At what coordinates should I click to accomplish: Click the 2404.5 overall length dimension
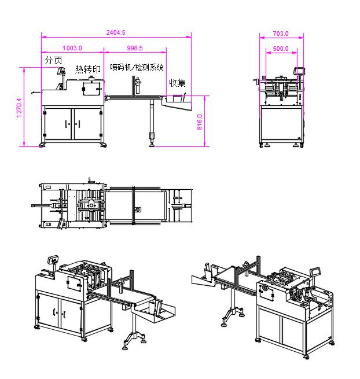pyautogui.click(x=116, y=32)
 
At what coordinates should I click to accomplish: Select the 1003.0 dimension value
pyautogui.click(x=72, y=48)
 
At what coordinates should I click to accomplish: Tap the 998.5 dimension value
pyautogui.click(x=135, y=48)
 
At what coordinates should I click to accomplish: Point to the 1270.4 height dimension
pyautogui.click(x=19, y=108)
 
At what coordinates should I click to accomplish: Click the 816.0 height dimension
pyautogui.click(x=200, y=122)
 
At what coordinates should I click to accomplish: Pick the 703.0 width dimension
pyautogui.click(x=281, y=34)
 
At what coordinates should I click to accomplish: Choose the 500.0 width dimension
pyautogui.click(x=281, y=49)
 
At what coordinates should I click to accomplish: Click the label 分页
pyautogui.click(x=53, y=60)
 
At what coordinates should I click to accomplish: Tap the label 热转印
pyautogui.click(x=88, y=69)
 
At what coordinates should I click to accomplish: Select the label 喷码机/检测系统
pyautogui.click(x=137, y=67)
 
